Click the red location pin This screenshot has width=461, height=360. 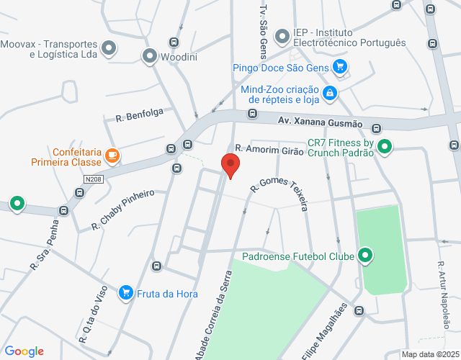click(x=230, y=165)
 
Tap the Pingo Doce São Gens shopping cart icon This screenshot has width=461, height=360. click(x=341, y=68)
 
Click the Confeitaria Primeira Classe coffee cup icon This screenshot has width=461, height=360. click(x=112, y=154)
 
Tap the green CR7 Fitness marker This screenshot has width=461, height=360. click(x=385, y=147)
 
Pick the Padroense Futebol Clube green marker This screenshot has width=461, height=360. click(x=365, y=255)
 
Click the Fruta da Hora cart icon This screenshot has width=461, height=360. click(x=126, y=292)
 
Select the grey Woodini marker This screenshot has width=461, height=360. click(x=150, y=55)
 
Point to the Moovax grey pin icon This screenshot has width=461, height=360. click(x=109, y=48)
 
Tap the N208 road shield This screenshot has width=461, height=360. click(x=91, y=179)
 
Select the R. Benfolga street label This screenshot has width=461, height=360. click(x=140, y=114)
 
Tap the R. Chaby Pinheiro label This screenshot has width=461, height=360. click(x=123, y=210)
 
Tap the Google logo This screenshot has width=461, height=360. click(x=24, y=351)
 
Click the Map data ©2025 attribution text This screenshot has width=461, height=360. click(x=429, y=354)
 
